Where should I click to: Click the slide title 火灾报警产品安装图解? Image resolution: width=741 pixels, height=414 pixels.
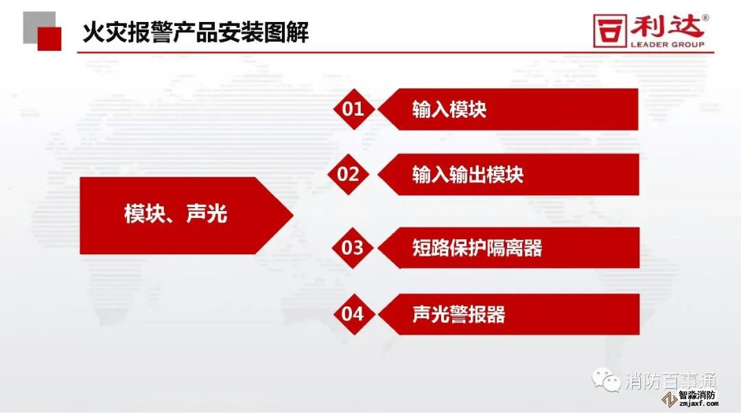point(196,32)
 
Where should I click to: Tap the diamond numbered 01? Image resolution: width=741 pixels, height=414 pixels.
point(353,109)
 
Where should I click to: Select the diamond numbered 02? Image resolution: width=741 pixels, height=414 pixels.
point(349,174)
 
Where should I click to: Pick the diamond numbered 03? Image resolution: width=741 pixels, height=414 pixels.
point(352,248)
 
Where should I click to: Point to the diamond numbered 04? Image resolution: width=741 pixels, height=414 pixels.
point(353,314)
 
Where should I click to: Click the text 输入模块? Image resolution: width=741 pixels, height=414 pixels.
point(449,110)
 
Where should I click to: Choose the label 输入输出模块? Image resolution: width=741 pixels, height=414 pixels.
point(468,175)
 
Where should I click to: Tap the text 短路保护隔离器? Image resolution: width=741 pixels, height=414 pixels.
point(478,248)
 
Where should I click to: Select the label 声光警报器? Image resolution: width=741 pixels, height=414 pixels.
point(459,315)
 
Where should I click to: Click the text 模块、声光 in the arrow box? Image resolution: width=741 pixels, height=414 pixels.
point(176,214)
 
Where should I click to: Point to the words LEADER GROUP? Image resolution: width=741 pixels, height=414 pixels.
point(668,45)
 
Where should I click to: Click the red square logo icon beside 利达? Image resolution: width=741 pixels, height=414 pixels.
point(610,31)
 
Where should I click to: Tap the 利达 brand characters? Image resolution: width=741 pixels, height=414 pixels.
point(666,27)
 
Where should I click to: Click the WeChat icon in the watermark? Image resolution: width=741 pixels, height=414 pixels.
point(607,380)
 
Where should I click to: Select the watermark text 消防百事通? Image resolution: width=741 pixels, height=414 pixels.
point(671,380)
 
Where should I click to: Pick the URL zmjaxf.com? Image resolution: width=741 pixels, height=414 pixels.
point(698,404)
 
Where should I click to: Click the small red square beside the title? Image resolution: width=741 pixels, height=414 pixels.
point(49,38)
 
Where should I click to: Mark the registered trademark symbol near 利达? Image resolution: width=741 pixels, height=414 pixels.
point(705,18)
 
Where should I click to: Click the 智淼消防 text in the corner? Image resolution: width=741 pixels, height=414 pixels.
point(697,395)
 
